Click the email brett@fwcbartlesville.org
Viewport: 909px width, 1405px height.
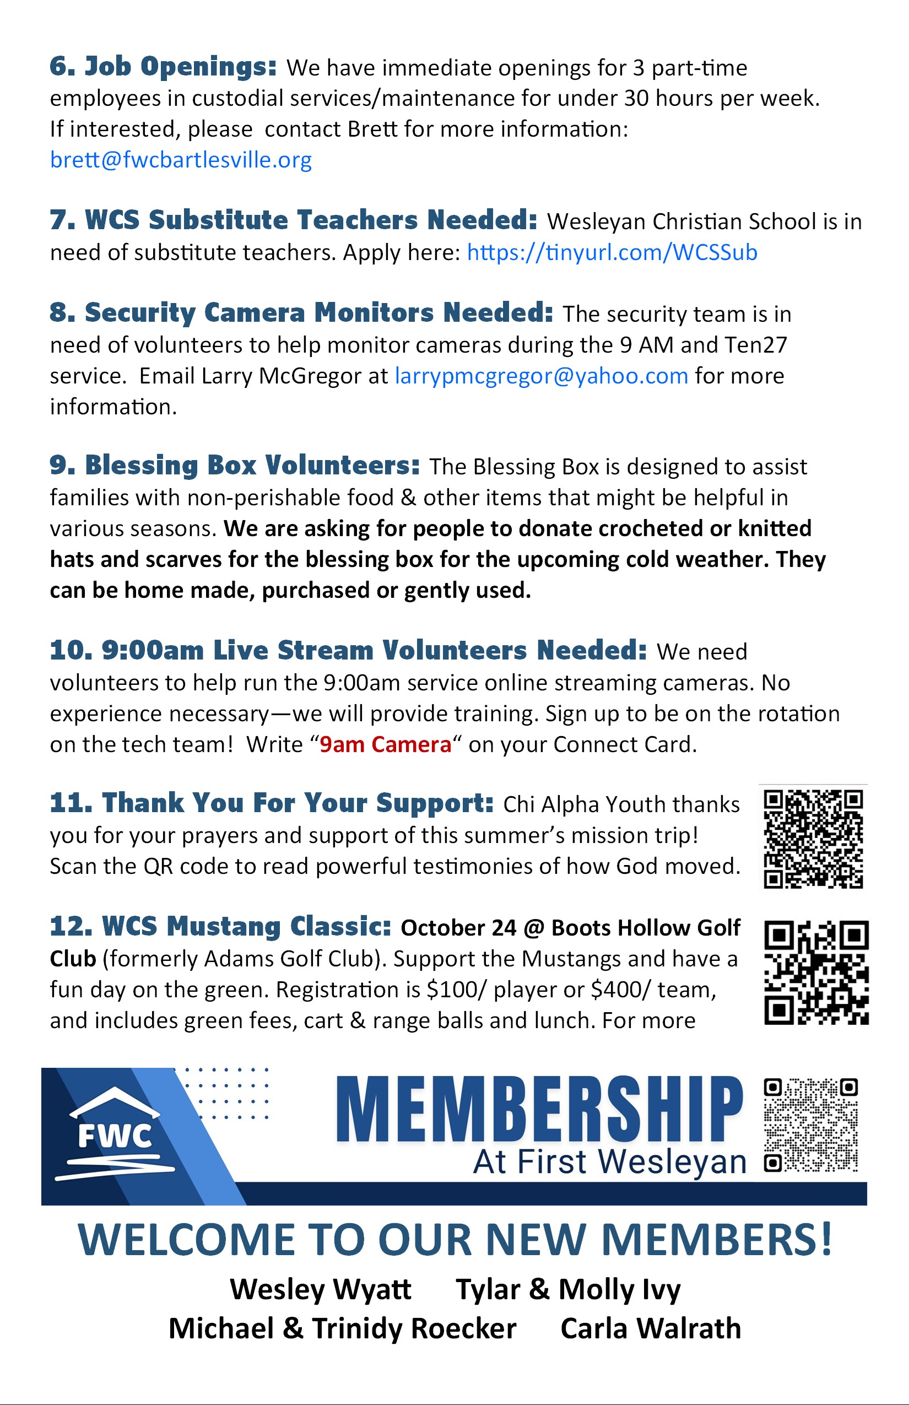click(x=181, y=160)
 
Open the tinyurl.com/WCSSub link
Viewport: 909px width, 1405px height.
click(x=612, y=253)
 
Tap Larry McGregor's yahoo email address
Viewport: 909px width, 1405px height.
click(x=541, y=376)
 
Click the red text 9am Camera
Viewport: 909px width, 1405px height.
click(x=386, y=745)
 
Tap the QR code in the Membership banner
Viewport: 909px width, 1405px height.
click(x=810, y=1125)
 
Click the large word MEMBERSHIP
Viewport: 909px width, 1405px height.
click(x=539, y=1110)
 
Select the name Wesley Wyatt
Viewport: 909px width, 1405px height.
click(x=321, y=1289)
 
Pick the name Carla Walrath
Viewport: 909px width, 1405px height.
click(x=651, y=1329)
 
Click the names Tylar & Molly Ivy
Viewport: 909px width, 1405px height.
click(x=568, y=1289)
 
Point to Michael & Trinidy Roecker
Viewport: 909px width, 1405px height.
click(x=342, y=1329)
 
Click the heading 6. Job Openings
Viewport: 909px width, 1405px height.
click(x=163, y=66)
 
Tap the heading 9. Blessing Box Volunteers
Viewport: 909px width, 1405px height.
click(x=234, y=465)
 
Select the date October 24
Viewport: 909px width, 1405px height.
click(x=458, y=928)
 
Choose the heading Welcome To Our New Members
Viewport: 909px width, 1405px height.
click(x=454, y=1240)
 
